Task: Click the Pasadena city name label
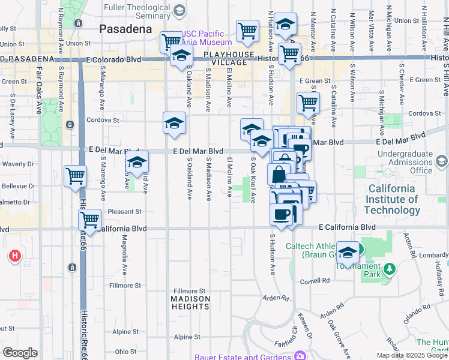click(x=125, y=29)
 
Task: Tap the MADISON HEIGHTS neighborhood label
click(x=190, y=302)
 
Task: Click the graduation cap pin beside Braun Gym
click(x=348, y=252)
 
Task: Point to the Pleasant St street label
click(x=128, y=212)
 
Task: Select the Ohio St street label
click(x=125, y=352)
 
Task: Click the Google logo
click(x=20, y=352)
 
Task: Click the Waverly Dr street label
click(x=18, y=164)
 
